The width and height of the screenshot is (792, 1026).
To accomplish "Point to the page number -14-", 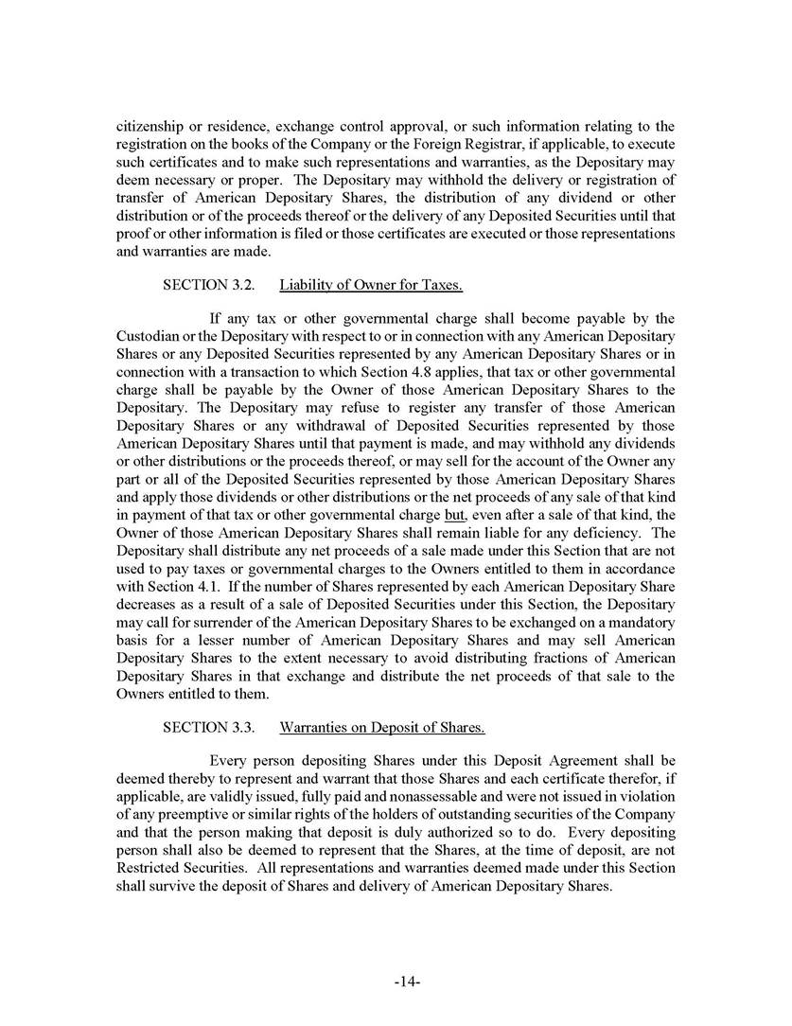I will pyautogui.click(x=407, y=982).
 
